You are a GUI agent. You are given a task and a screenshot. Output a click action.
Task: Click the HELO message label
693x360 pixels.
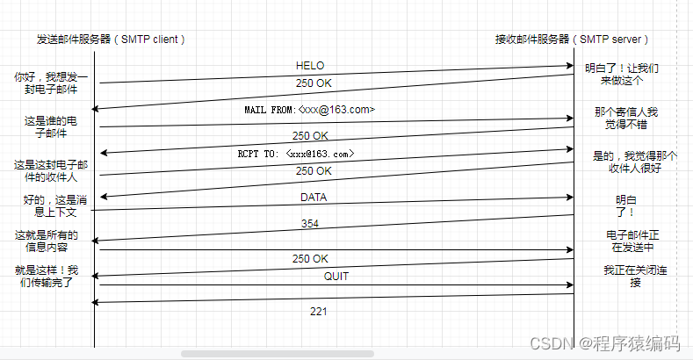point(310,66)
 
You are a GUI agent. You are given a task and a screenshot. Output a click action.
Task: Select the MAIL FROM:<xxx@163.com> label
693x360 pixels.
point(310,110)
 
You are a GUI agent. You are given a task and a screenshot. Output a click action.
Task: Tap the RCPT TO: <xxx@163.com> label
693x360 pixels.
point(296,154)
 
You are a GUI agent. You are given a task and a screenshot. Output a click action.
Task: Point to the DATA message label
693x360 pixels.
point(314,197)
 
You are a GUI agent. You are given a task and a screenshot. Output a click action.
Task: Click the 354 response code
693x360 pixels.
point(310,224)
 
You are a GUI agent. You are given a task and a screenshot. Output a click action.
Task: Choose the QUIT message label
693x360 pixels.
point(312,276)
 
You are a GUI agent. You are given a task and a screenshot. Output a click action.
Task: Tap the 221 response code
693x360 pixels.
point(318,311)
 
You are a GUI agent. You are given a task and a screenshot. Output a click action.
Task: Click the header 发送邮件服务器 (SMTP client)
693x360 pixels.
point(111,40)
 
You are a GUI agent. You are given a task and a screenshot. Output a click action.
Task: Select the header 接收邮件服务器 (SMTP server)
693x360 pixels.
point(572,40)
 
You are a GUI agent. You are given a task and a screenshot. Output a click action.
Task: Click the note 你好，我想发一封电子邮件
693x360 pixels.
point(51,83)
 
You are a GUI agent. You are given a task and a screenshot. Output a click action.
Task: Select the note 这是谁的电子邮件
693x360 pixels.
point(51,126)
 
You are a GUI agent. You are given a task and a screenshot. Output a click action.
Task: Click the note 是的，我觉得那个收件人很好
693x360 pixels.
point(634,162)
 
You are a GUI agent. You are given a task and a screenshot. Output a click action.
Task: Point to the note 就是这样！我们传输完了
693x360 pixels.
point(48,276)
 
